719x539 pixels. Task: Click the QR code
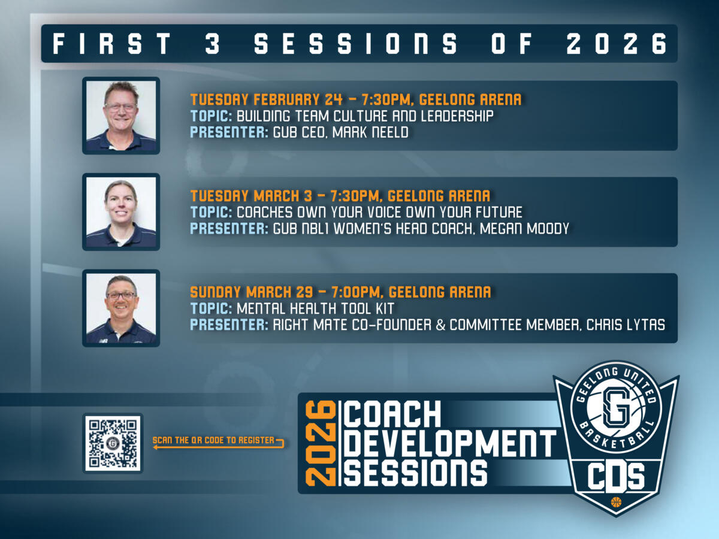coord(113,443)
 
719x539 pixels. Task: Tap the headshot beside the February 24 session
coord(121,115)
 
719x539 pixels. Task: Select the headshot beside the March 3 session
coord(121,211)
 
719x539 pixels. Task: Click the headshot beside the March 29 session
coord(121,308)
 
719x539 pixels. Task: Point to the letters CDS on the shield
coord(616,477)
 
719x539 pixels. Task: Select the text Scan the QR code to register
coord(213,440)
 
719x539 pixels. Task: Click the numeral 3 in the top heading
coord(213,44)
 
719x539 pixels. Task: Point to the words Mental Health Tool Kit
coord(316,308)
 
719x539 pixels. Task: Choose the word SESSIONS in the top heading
coord(357,44)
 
